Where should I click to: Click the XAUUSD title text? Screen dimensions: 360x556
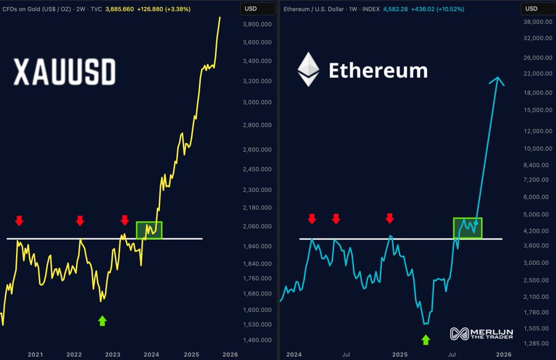[65, 73]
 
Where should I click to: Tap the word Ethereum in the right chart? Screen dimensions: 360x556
[378, 70]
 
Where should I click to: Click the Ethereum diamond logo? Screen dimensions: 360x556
[308, 69]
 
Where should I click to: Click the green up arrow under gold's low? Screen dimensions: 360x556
[103, 320]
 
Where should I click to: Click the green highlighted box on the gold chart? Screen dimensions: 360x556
[149, 230]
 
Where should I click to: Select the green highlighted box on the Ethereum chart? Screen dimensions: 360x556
[468, 228]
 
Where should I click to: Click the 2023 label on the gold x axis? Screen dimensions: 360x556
[113, 354]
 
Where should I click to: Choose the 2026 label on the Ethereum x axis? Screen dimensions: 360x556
[504, 354]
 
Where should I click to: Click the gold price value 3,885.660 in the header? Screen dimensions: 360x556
[143, 9]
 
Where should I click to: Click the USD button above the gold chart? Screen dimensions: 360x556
[251, 9]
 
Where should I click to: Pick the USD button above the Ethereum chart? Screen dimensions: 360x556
[531, 9]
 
